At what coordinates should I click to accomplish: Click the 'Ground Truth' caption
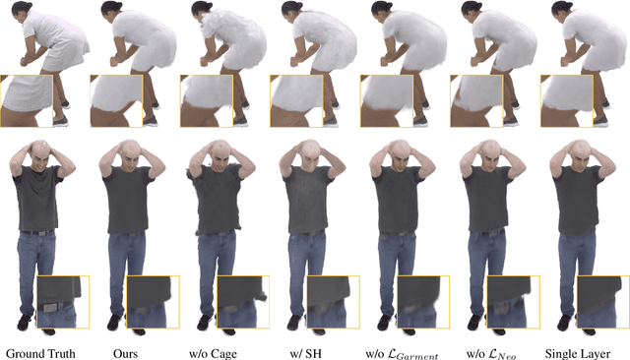click(x=40, y=353)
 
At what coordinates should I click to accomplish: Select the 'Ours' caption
click(x=125, y=353)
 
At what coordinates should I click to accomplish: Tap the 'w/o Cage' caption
click(x=213, y=353)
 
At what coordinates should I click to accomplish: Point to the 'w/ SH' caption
click(x=306, y=353)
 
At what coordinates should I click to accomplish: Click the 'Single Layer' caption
click(x=578, y=353)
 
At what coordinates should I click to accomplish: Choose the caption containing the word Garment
click(x=402, y=354)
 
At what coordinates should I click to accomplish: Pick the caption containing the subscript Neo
click(x=491, y=354)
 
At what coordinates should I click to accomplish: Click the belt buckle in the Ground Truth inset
click(x=51, y=308)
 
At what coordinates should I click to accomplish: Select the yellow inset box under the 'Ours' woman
click(x=116, y=101)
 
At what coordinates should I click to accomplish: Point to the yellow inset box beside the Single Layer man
click(x=603, y=302)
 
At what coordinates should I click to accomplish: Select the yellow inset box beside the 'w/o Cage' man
click(x=243, y=302)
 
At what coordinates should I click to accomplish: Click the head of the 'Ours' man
click(x=129, y=150)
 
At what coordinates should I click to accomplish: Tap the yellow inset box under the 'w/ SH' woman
click(x=296, y=101)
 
